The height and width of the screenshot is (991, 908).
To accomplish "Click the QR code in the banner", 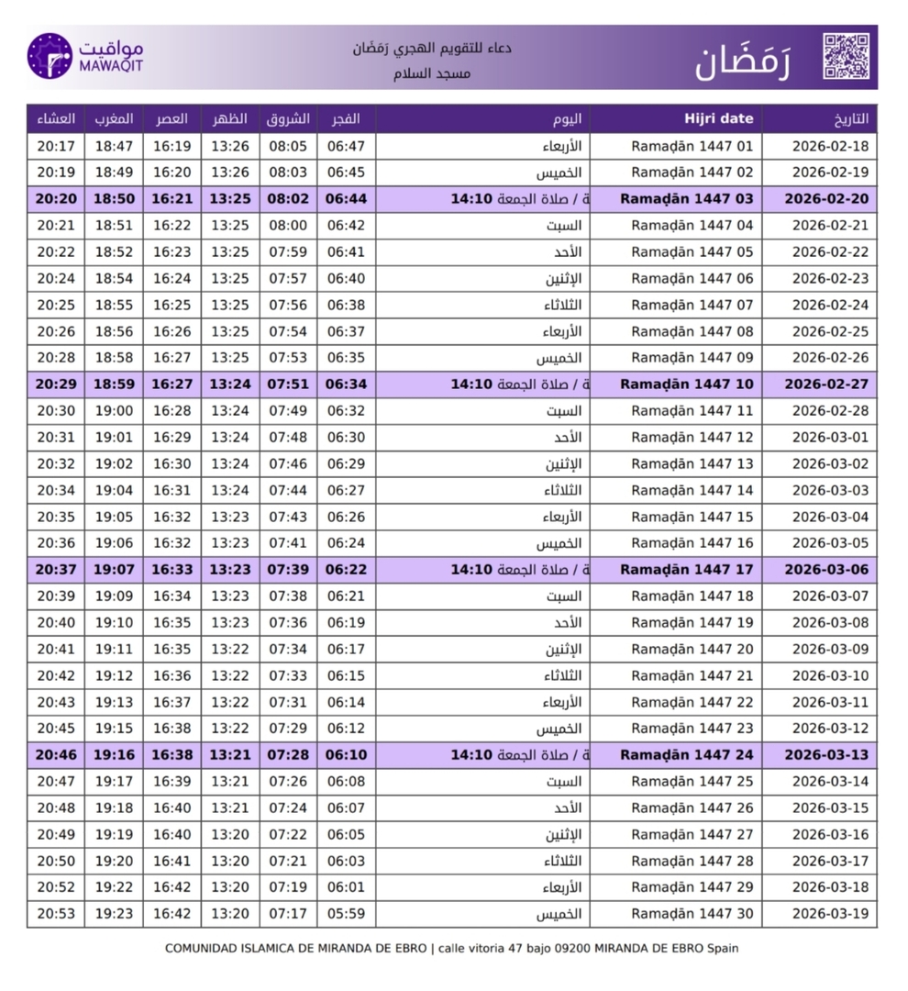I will (845, 56).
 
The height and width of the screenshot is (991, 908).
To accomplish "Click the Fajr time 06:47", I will (346, 146).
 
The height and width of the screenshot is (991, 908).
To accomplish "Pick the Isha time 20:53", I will (56, 914).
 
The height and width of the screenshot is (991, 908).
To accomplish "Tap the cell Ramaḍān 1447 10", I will (687, 384).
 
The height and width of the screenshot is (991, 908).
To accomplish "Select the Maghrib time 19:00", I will (114, 411).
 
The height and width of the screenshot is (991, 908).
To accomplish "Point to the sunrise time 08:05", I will (288, 146).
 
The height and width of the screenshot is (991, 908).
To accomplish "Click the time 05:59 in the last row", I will (346, 914).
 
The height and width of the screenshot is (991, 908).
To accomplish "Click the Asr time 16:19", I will (172, 146).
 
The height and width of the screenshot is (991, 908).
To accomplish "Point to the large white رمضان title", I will (742, 59).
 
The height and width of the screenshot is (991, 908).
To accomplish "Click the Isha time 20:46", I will (56, 755).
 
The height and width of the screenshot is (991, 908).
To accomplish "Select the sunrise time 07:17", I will (288, 914).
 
